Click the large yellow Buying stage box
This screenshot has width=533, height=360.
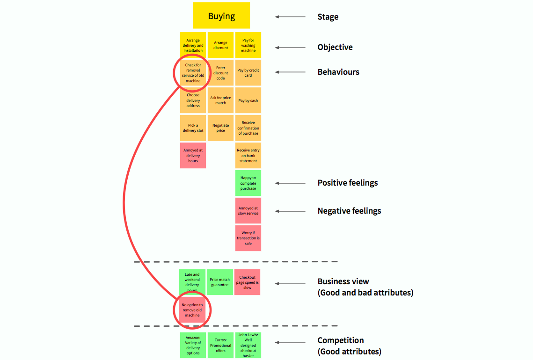[221, 16]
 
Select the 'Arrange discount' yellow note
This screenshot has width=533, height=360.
[221, 45]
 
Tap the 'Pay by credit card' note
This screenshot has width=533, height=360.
[248, 72]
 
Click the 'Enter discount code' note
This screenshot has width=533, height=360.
[221, 73]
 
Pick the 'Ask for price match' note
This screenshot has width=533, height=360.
[221, 100]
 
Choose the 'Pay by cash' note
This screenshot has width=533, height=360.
[248, 101]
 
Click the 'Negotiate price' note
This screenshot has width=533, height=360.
[221, 128]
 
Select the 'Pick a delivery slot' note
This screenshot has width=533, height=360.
[193, 128]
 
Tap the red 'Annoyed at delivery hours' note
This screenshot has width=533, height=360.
[193, 155]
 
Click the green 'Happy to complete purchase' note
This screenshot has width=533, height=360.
[248, 183]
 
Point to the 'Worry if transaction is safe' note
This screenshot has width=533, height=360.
[248, 238]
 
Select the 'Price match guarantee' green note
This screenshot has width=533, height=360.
[219, 282]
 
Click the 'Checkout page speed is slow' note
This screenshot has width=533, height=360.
[247, 282]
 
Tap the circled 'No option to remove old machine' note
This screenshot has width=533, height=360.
[192, 310]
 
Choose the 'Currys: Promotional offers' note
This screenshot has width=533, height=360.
[220, 346]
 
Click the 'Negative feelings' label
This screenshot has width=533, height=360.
[349, 211]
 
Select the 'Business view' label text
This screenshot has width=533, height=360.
[343, 281]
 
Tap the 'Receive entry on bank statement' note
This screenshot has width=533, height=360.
[248, 155]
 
